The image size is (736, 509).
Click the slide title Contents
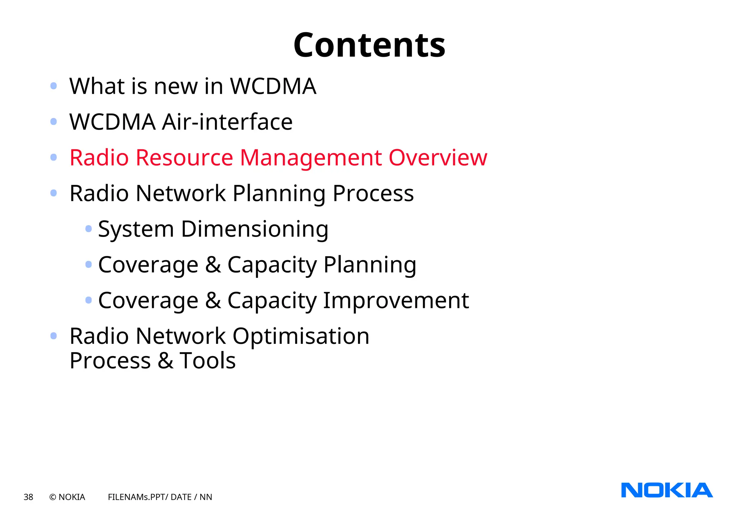(x=369, y=45)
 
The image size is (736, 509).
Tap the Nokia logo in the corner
(x=667, y=490)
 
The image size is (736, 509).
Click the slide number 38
(x=28, y=497)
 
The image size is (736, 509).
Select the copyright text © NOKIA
(x=67, y=497)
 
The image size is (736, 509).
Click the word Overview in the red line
(x=438, y=158)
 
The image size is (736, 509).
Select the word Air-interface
(x=227, y=122)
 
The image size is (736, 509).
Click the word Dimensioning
(x=254, y=229)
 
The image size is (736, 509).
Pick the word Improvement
(x=396, y=300)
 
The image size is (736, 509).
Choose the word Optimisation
(x=301, y=336)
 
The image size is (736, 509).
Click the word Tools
(x=208, y=361)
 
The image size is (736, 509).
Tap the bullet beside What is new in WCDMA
(x=54, y=86)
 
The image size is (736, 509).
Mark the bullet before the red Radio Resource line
(x=54, y=157)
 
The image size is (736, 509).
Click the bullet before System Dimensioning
(x=88, y=229)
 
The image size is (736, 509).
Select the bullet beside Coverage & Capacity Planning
(x=88, y=265)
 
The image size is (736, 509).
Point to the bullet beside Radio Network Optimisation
(x=54, y=336)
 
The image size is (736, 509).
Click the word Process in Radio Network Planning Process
(x=373, y=194)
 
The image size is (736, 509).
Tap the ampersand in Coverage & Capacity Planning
(x=213, y=265)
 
